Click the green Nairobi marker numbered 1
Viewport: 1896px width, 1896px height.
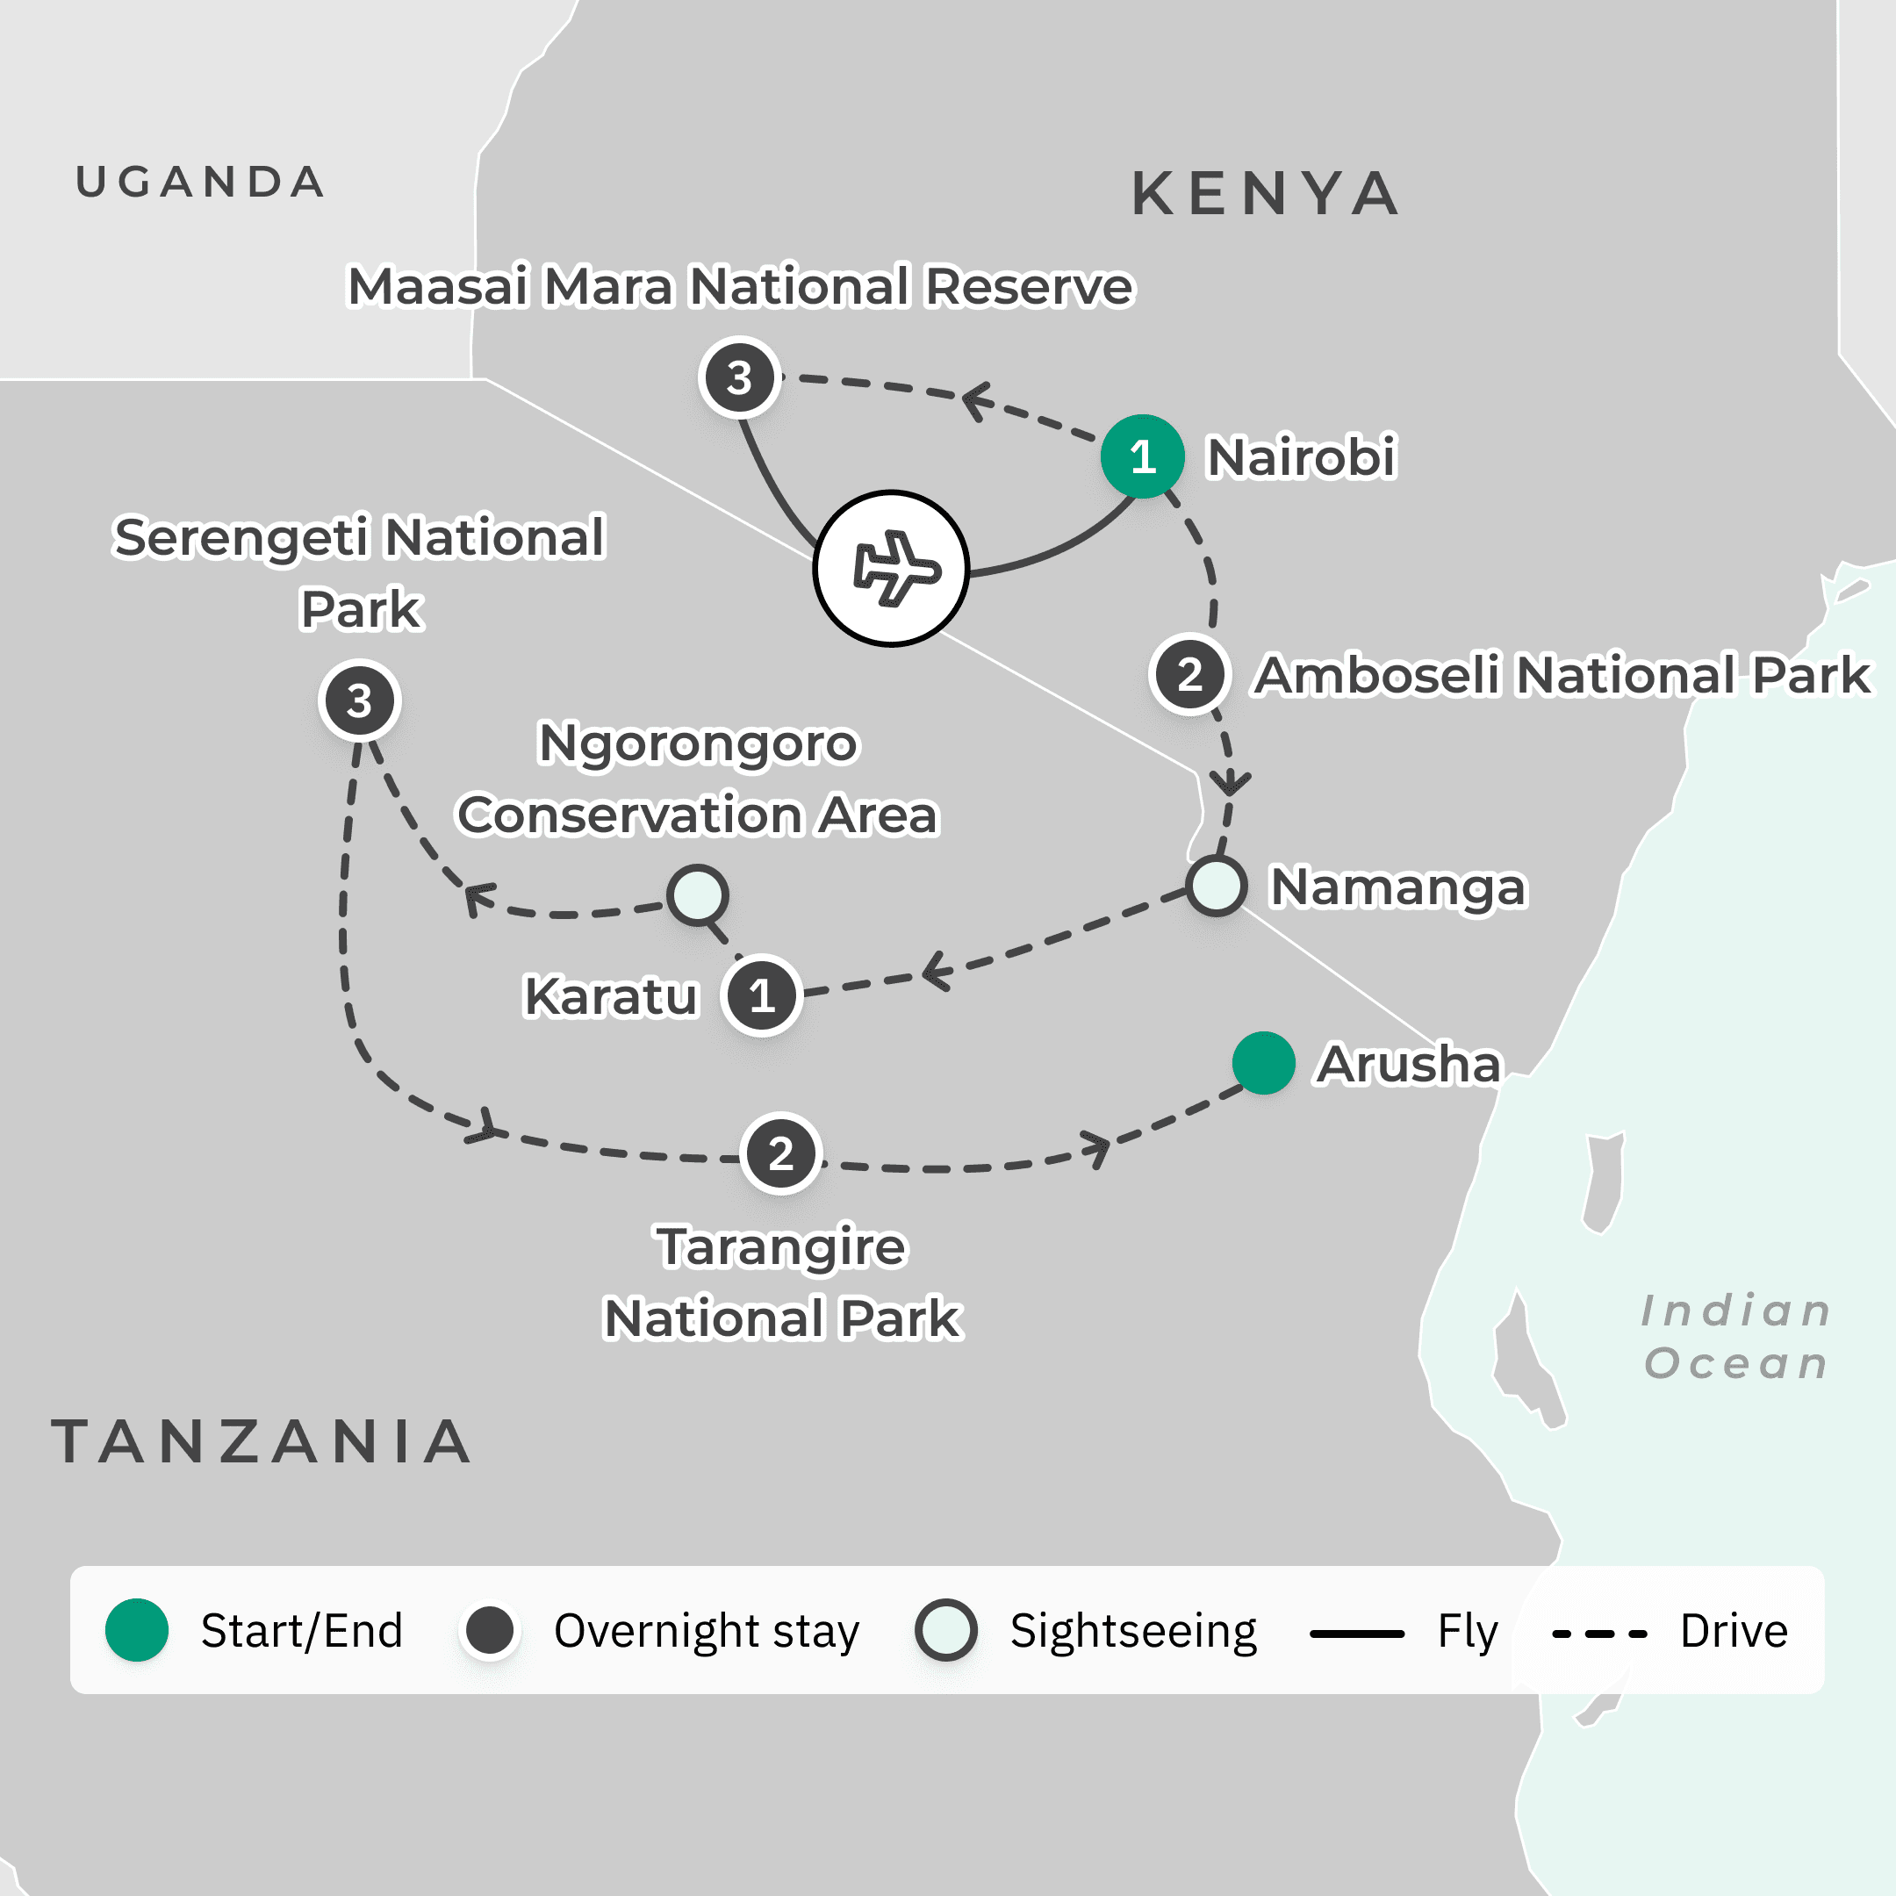[1141, 456]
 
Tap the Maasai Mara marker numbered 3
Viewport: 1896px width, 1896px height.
[739, 377]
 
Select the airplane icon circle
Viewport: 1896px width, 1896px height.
[891, 568]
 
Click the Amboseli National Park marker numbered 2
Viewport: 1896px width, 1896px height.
[1189, 674]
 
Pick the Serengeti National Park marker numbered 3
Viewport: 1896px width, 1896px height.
[359, 700]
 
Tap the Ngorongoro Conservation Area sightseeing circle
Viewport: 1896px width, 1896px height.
[697, 894]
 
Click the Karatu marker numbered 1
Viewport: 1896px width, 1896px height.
[762, 996]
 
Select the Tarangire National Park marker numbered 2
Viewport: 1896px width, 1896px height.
[780, 1153]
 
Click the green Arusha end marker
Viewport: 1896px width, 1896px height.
[1263, 1063]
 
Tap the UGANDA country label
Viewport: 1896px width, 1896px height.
[200, 183]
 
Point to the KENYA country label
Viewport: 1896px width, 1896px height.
[1265, 193]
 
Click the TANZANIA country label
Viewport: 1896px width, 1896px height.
[261, 1440]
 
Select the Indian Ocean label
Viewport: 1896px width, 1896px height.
[1735, 1336]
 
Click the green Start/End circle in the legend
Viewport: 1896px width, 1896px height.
[136, 1630]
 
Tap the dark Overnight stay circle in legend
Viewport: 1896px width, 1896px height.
[490, 1630]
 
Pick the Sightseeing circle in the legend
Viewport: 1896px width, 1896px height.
[945, 1630]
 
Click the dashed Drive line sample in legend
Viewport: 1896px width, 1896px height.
[1598, 1634]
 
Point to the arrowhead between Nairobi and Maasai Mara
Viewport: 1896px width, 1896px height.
[976, 400]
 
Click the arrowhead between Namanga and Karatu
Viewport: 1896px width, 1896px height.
[935, 972]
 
